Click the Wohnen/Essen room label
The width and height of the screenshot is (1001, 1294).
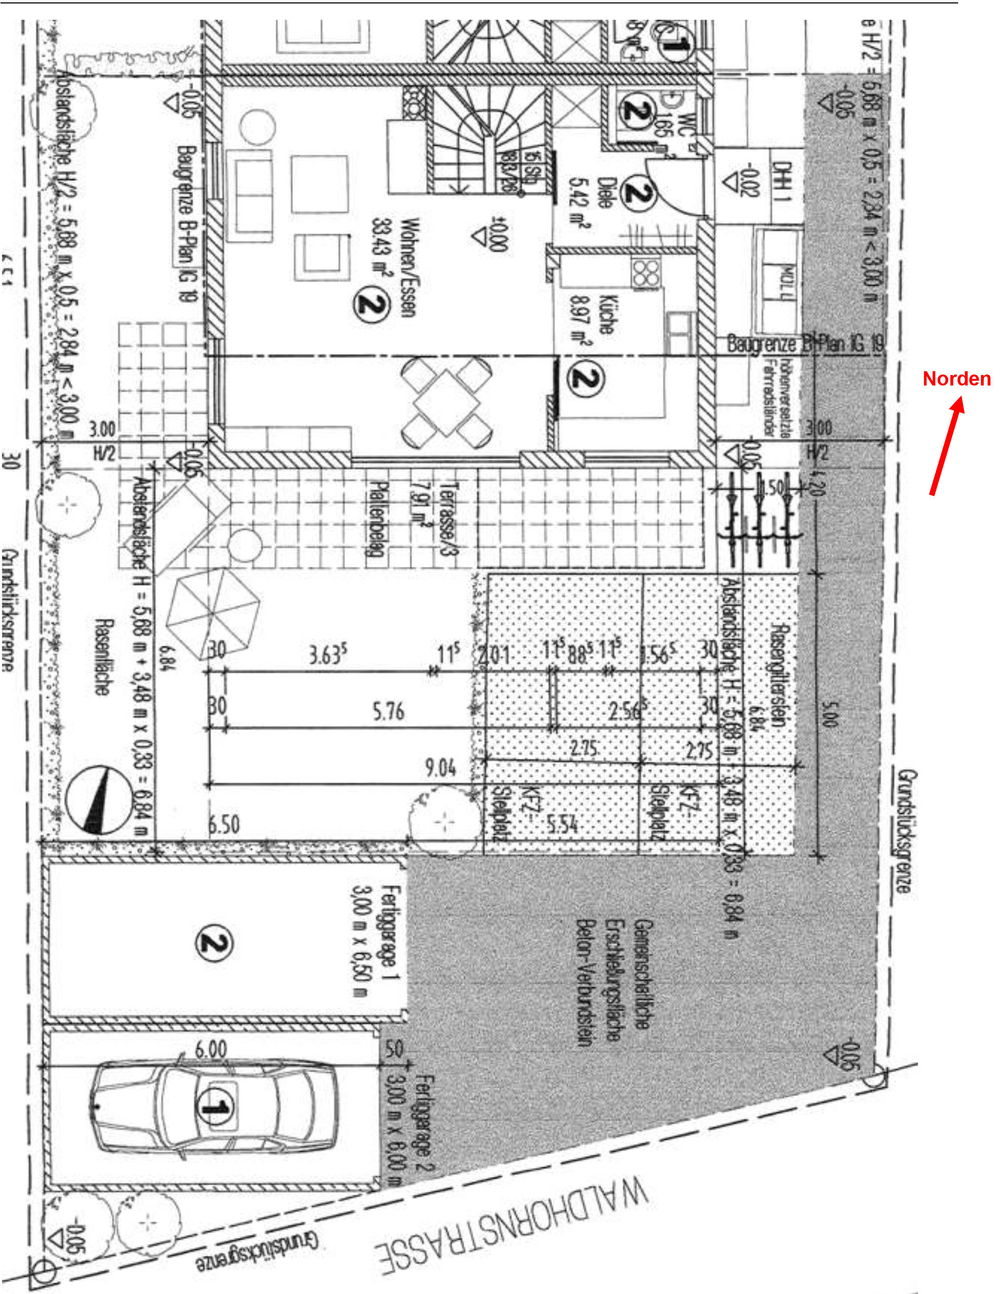pyautogui.click(x=409, y=267)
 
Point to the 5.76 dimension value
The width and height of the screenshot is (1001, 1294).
pyautogui.click(x=388, y=711)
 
